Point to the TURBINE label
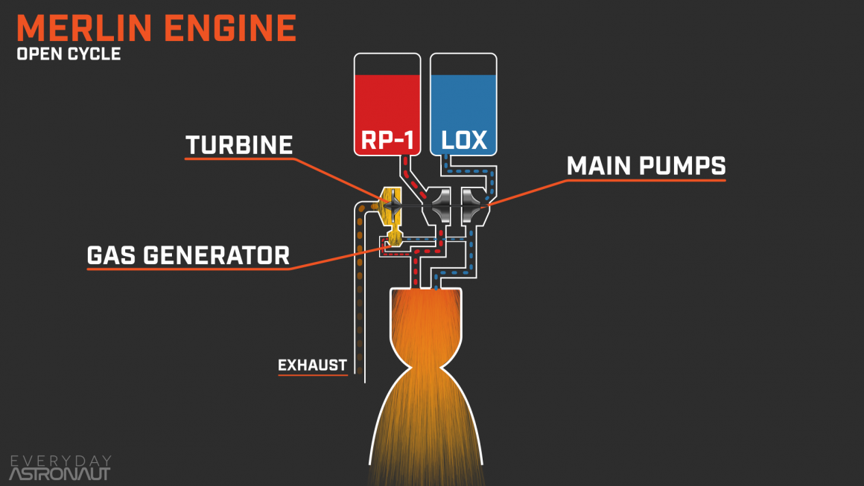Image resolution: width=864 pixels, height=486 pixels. (x=239, y=144)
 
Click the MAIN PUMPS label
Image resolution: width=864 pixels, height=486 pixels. (x=646, y=166)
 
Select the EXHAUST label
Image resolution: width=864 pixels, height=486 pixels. (x=312, y=365)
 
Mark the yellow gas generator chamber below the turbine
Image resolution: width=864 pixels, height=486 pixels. (x=393, y=239)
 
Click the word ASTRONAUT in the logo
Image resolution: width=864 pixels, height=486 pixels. (x=59, y=473)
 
